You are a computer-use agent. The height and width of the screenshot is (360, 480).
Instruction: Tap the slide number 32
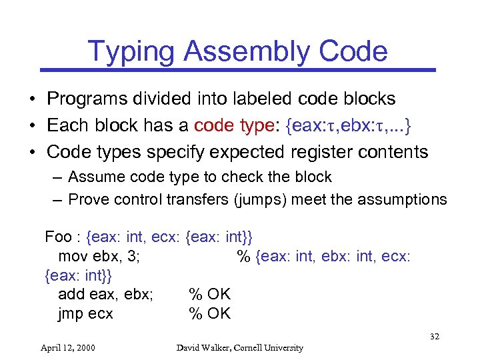[434, 337]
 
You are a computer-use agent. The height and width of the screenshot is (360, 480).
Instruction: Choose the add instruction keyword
[71, 294]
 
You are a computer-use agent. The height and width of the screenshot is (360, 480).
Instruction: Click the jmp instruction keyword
[71, 313]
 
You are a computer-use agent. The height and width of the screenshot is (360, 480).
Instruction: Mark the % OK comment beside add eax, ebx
[210, 294]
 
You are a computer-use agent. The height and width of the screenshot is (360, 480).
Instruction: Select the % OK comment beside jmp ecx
[210, 313]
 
